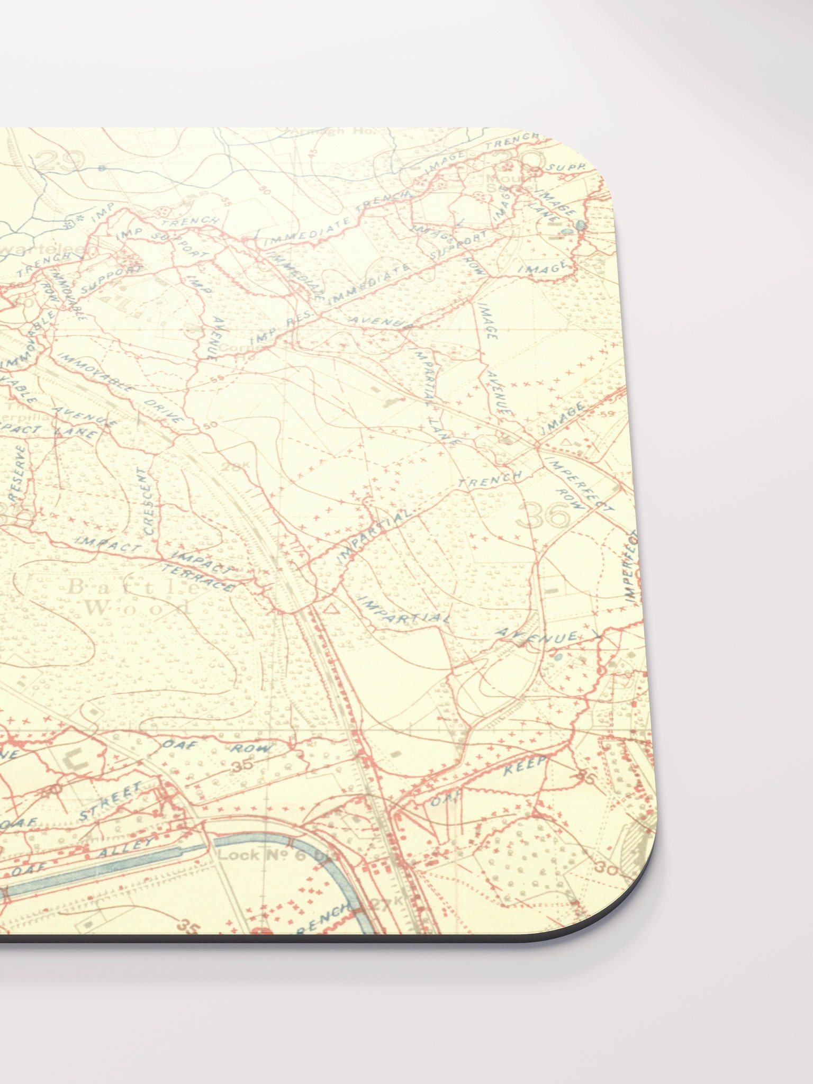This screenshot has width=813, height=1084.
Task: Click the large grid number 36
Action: pyautogui.click(x=544, y=515)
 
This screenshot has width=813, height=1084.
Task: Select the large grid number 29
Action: pyautogui.click(x=61, y=160)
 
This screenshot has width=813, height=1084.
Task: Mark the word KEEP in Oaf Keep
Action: pyautogui.click(x=524, y=766)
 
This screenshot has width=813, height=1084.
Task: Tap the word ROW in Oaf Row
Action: pyautogui.click(x=252, y=748)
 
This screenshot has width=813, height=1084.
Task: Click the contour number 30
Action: pyautogui.click(x=603, y=866)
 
